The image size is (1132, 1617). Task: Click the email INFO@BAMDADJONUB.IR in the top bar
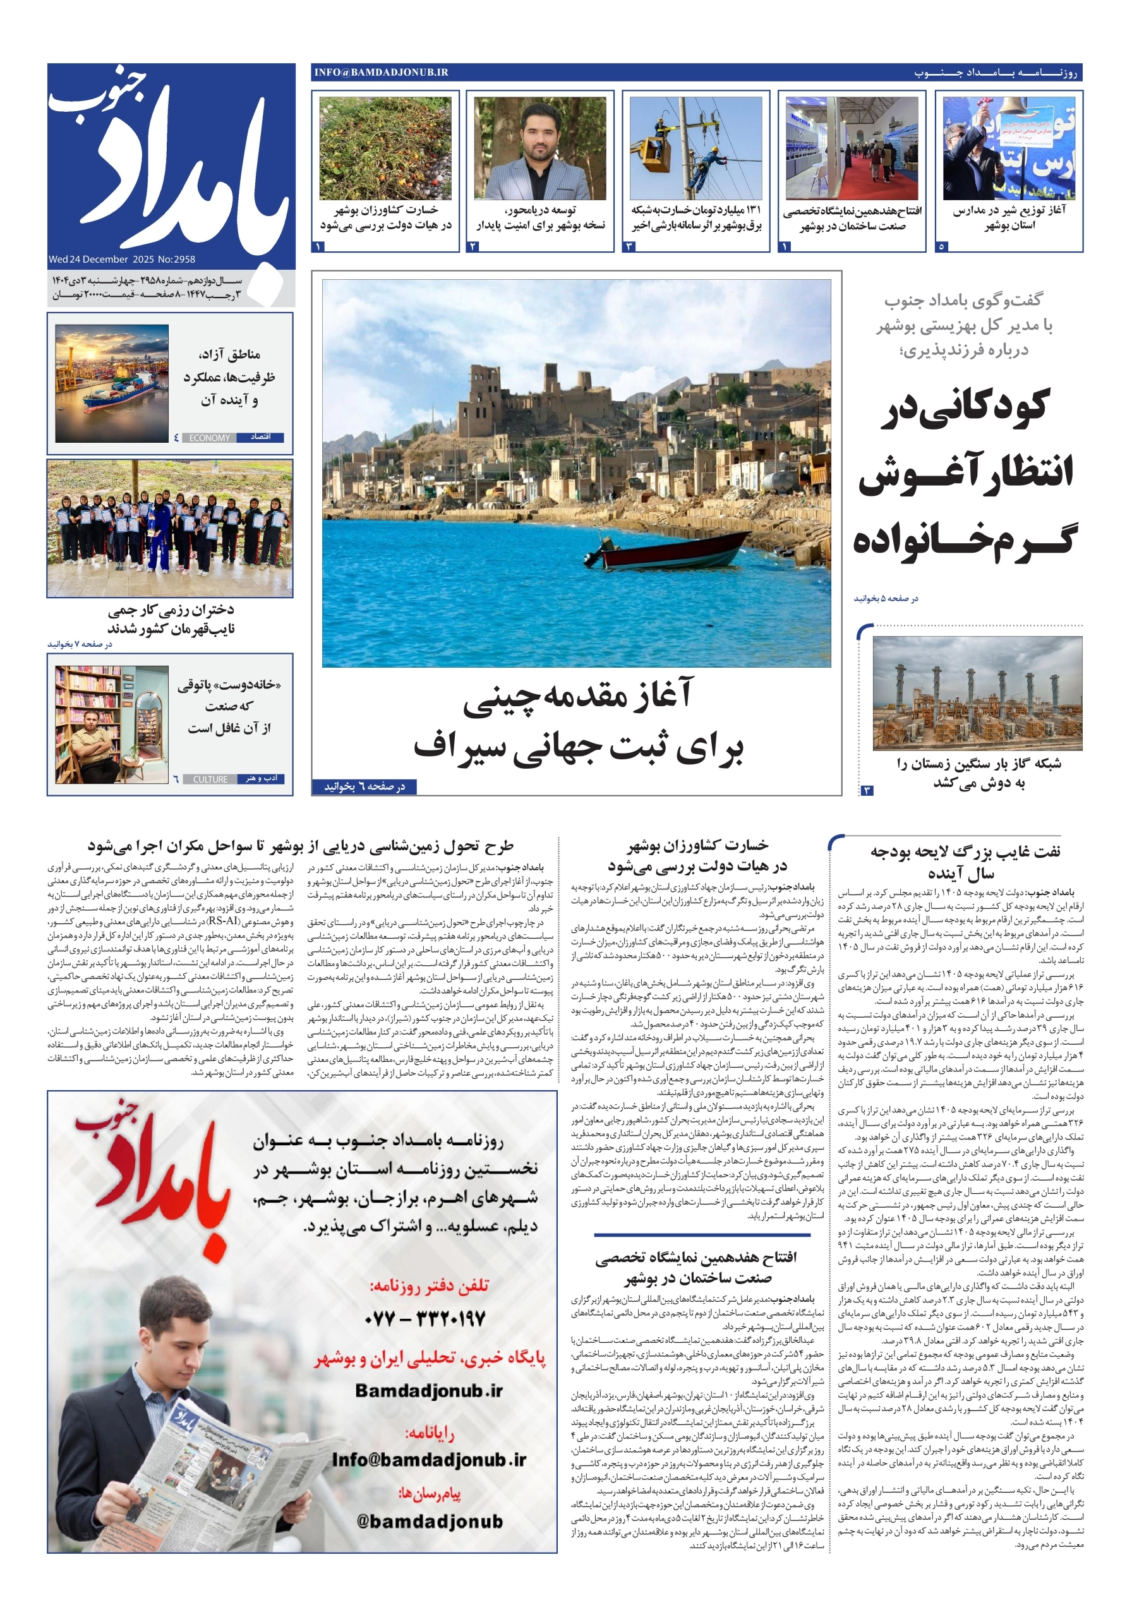381,72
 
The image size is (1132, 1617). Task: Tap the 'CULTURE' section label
210,779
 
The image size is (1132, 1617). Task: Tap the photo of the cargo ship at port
112,383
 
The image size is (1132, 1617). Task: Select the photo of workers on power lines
695,148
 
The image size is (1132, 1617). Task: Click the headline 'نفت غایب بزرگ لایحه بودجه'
965,851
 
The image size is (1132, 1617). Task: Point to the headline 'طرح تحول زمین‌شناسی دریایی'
301,845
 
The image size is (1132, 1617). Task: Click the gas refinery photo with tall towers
977,693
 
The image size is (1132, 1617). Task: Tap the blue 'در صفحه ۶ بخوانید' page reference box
364,786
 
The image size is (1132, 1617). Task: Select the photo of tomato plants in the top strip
385,148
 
